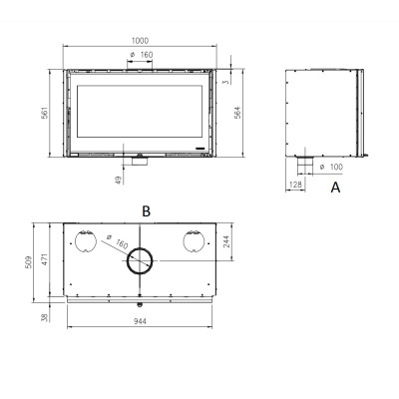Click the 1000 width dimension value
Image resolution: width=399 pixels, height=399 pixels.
point(140,41)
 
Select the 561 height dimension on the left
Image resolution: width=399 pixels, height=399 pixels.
point(45,113)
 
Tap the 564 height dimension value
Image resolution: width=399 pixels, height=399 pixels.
point(237,113)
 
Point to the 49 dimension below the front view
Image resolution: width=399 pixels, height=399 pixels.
point(119,180)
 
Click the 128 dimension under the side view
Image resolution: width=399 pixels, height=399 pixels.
point(295,185)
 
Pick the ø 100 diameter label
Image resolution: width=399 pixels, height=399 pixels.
point(331,167)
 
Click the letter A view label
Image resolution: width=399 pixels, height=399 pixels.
point(335,188)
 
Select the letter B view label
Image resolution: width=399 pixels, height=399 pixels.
point(146,211)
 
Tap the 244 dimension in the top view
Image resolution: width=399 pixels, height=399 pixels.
point(226,241)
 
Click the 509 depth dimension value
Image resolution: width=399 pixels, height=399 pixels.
point(29,262)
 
